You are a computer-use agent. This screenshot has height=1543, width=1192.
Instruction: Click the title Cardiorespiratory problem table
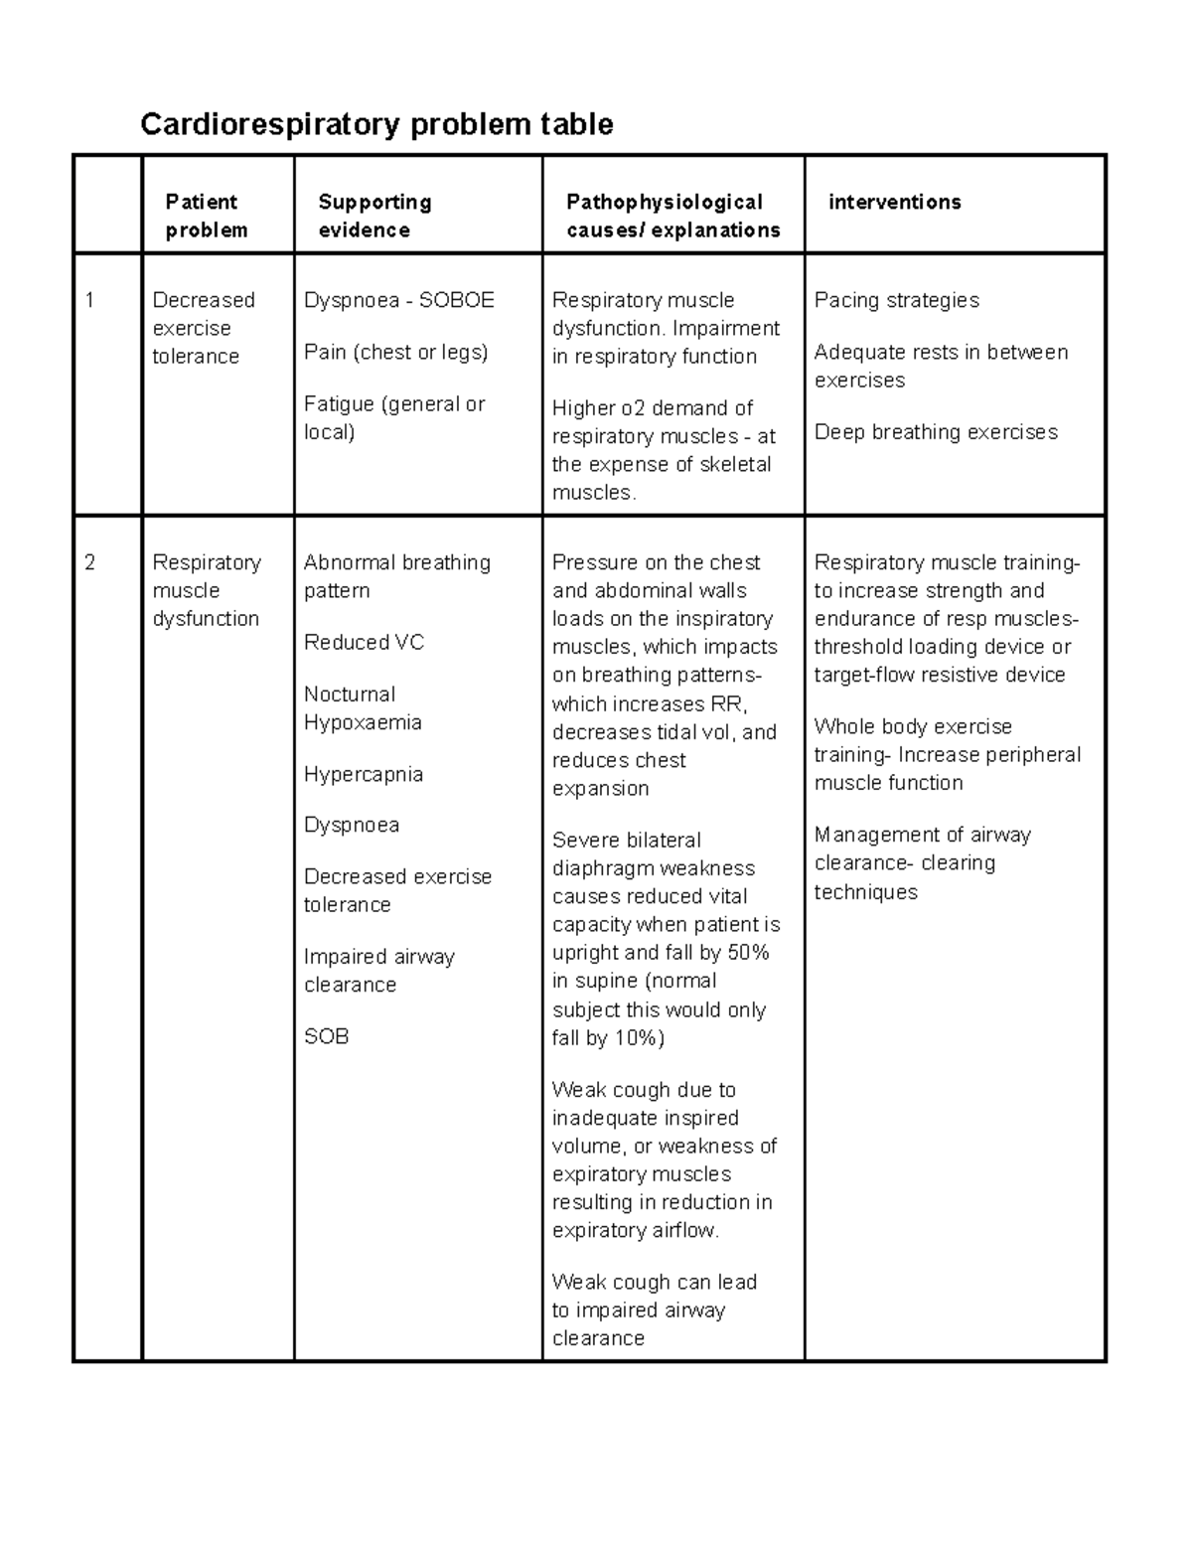tap(376, 124)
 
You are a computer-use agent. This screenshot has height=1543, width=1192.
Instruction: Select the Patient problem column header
tap(206, 216)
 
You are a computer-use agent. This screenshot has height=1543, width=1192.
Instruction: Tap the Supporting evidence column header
tap(374, 216)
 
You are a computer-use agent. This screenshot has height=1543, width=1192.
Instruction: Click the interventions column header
tap(894, 202)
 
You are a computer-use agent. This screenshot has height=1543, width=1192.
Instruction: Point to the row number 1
tap(90, 300)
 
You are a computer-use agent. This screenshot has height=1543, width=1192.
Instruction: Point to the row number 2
tap(90, 562)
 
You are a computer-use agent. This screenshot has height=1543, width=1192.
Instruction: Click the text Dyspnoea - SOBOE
tap(398, 300)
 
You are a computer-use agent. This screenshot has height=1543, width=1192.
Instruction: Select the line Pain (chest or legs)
tap(395, 352)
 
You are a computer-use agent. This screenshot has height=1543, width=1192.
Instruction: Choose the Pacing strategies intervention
tap(896, 300)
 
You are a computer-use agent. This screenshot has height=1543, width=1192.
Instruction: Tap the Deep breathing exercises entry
tap(936, 432)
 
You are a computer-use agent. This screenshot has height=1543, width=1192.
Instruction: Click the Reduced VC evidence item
tap(364, 643)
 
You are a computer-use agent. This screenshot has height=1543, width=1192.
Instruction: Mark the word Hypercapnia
tap(364, 774)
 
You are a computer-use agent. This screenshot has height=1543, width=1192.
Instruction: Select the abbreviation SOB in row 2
tap(326, 1036)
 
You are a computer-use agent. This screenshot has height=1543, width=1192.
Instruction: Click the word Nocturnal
tap(350, 694)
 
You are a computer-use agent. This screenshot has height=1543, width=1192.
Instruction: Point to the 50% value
tap(748, 953)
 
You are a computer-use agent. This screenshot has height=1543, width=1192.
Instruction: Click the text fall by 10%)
tap(608, 1038)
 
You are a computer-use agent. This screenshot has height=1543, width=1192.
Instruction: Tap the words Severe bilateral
tap(626, 841)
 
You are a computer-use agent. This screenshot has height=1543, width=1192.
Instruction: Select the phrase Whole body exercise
tap(913, 726)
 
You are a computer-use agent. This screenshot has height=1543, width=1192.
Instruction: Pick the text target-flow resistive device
tap(940, 676)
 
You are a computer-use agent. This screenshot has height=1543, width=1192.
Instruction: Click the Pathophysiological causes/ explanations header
tap(672, 216)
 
